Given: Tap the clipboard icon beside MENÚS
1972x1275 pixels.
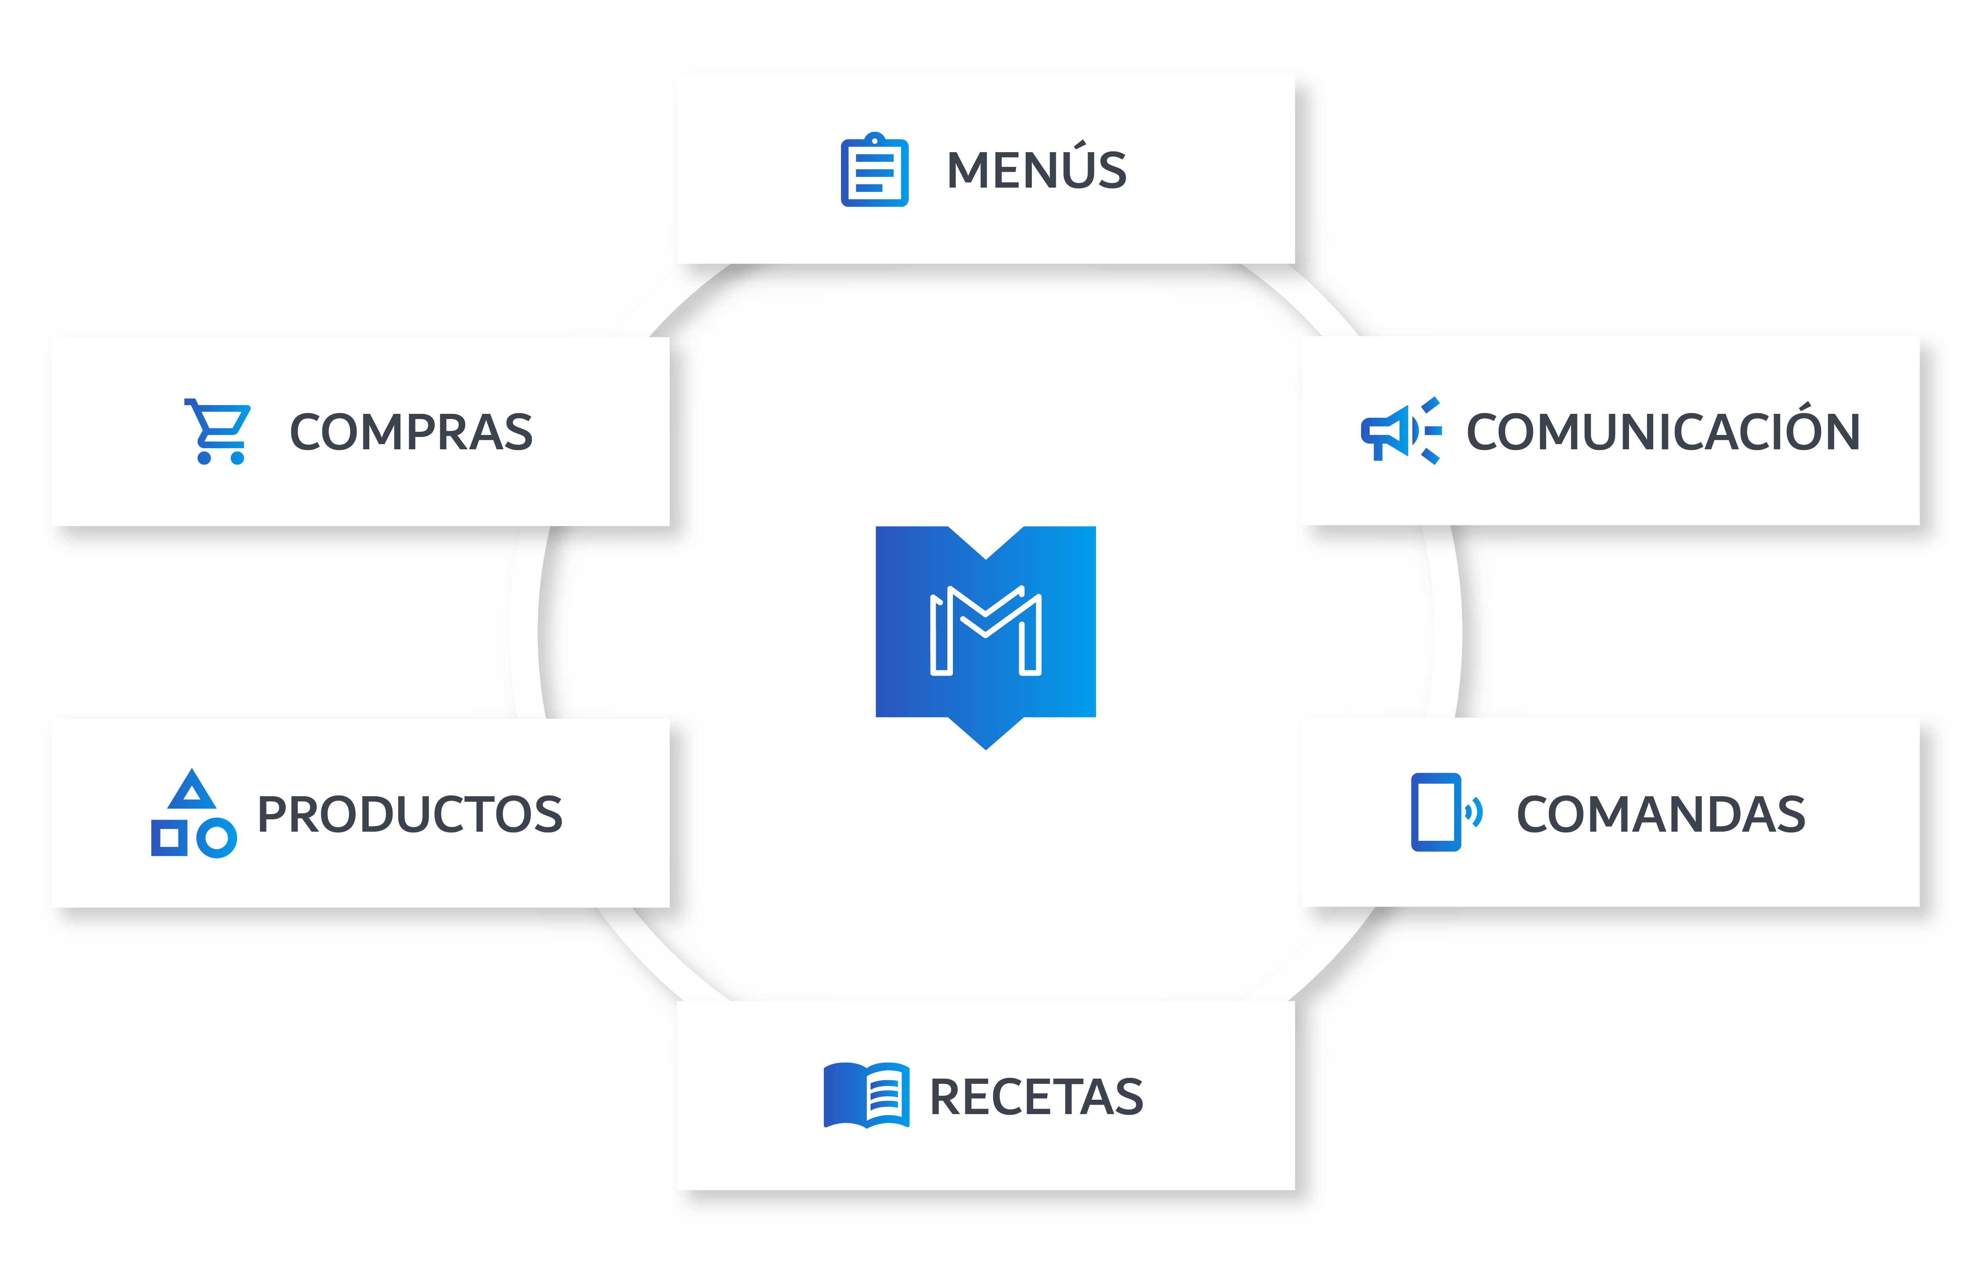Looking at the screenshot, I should tap(874, 170).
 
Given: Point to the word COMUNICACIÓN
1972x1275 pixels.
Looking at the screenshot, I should tap(1662, 432).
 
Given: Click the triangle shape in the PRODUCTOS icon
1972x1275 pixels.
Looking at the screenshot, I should tap(192, 791).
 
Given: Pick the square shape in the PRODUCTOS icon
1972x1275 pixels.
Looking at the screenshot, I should tap(169, 838).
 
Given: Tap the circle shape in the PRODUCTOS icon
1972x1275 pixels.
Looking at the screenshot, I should tap(217, 838).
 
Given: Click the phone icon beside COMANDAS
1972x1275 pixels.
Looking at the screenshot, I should tap(1435, 811).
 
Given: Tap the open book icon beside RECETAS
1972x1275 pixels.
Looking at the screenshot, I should tap(866, 1095).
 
